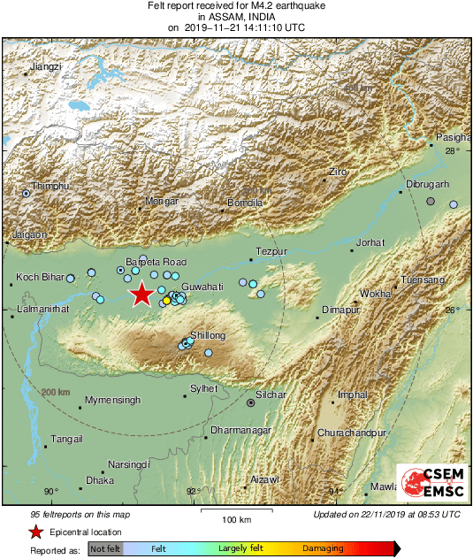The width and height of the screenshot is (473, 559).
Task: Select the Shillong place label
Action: pyautogui.click(x=209, y=335)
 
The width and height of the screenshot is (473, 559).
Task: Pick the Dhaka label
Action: pyautogui.click(x=100, y=480)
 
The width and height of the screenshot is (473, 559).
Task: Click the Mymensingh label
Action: pyautogui.click(x=112, y=401)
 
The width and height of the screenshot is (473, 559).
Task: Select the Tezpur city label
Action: pyautogui.click(x=271, y=252)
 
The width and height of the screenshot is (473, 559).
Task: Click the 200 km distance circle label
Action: pyautogui.click(x=55, y=392)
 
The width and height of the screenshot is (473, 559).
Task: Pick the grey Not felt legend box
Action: pyautogui.click(x=104, y=548)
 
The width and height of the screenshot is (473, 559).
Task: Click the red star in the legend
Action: pyautogui.click(x=35, y=532)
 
